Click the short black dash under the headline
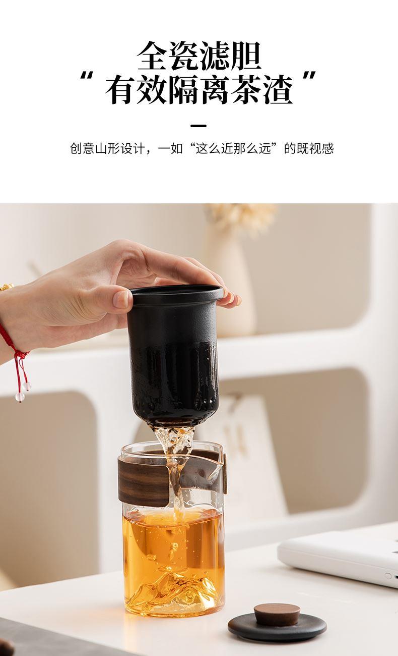click(198, 126)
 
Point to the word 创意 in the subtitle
click(83, 148)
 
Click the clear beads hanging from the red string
click(23, 392)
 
